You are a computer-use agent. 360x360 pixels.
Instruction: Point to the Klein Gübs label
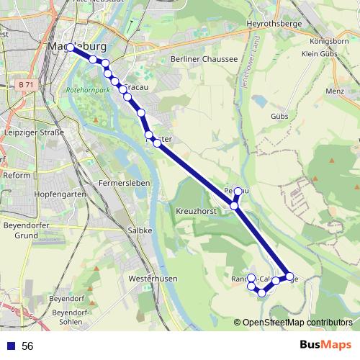click(x=320, y=54)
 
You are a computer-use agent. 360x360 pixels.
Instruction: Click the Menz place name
click(x=335, y=91)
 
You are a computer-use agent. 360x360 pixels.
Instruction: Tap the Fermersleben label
click(x=124, y=183)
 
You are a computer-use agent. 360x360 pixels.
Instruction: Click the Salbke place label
click(x=140, y=230)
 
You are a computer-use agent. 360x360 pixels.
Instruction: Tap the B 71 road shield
click(x=26, y=85)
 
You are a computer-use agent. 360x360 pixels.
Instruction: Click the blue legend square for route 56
click(x=9, y=346)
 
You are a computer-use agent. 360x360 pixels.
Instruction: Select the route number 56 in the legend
click(x=27, y=346)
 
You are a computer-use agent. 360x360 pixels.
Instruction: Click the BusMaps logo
click(x=325, y=346)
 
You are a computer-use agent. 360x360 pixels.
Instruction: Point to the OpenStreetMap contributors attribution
click(x=297, y=323)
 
